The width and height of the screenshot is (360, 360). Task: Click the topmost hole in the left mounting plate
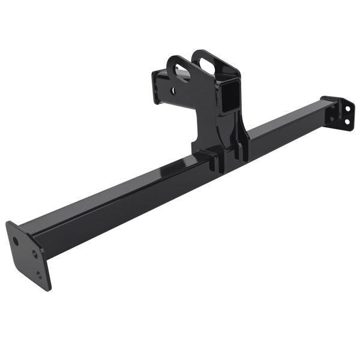[16, 239]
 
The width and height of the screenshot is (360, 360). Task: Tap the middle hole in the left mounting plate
[35, 254]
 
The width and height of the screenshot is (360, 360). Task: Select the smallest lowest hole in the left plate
[40, 275]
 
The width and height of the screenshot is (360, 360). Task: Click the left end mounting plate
[27, 255]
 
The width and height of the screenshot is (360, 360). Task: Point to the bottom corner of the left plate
[48, 289]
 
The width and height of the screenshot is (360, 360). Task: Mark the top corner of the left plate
[8, 223]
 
